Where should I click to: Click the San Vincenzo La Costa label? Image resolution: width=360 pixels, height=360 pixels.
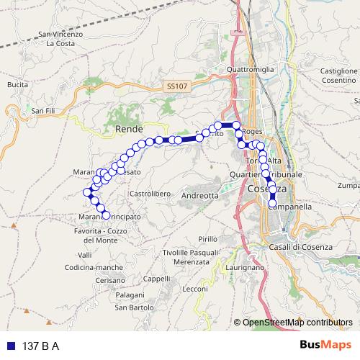pos(61,38)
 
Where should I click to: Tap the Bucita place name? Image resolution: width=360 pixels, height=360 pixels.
pos(17,84)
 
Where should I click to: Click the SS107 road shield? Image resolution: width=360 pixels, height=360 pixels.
pos(176,86)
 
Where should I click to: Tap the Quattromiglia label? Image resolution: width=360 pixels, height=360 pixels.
pos(250,69)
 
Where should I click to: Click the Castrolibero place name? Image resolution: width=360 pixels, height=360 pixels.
pos(149,194)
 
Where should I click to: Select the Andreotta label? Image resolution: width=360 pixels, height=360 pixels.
pos(200,195)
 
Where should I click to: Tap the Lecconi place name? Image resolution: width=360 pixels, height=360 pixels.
pos(195,289)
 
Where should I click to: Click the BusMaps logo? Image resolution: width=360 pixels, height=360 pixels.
pos(325,345)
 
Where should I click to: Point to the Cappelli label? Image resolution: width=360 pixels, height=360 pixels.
pos(156,278)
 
